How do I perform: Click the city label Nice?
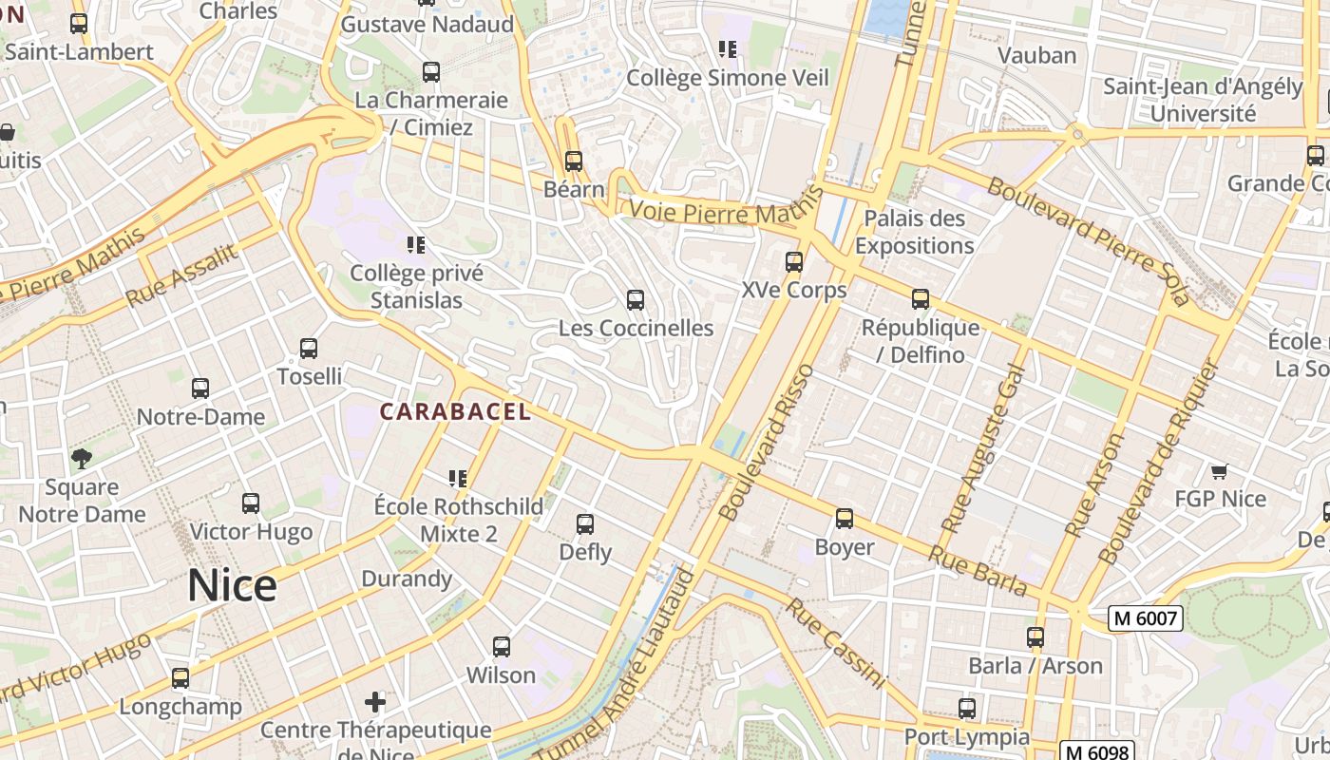(232, 585)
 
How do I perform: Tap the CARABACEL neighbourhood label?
(455, 411)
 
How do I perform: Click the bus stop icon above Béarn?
(573, 161)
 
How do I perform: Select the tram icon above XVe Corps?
(794, 262)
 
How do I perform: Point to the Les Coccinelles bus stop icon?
(636, 300)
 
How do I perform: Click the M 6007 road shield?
(1145, 618)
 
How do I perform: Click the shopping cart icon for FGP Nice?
(1220, 471)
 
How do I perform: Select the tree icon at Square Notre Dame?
(82, 460)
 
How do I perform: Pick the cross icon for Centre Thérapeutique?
(375, 702)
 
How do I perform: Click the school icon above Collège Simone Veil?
(728, 49)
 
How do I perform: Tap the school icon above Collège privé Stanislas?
(415, 245)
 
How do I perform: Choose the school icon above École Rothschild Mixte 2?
(458, 478)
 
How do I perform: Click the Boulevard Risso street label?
(768, 442)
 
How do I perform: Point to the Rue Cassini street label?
(834, 643)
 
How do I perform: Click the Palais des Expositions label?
(914, 232)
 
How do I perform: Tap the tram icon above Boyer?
(845, 519)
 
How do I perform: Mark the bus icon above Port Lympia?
(966, 709)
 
